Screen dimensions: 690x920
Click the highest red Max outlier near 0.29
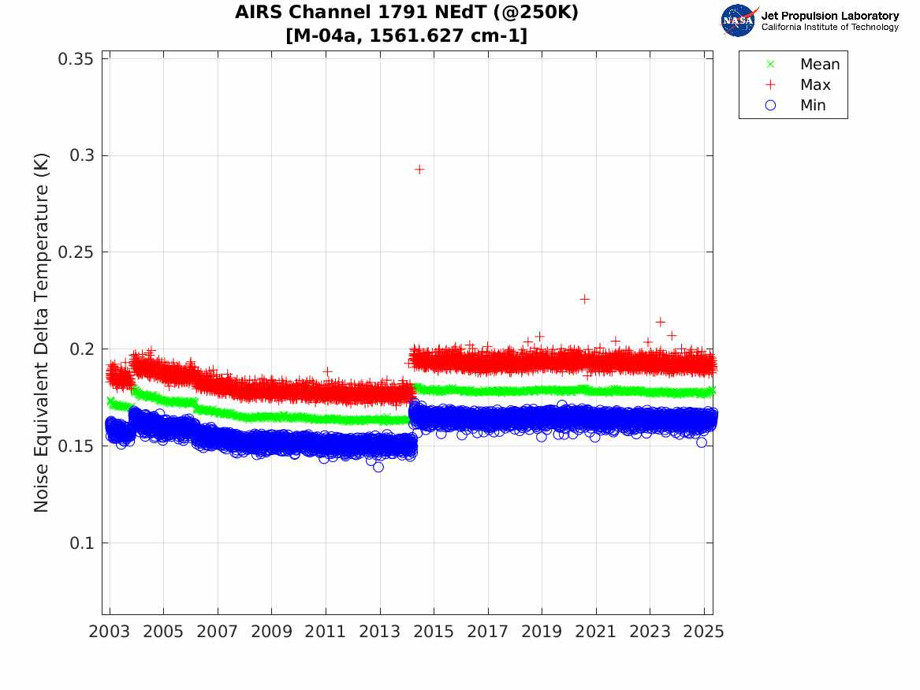coord(419,169)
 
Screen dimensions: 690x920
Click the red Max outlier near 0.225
coord(584,299)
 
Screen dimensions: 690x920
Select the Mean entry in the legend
coord(819,65)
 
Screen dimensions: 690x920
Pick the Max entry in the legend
coord(814,85)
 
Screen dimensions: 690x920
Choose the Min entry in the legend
coord(813,106)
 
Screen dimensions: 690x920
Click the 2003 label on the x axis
coord(110,632)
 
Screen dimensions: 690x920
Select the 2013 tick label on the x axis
coord(380,632)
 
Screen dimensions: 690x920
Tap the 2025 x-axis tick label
coord(704,632)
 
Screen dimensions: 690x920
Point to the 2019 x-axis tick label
coord(542,632)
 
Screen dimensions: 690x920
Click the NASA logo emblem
coord(739,20)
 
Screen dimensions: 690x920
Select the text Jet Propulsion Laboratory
coord(829,15)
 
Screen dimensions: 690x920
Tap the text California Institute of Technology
coord(829,28)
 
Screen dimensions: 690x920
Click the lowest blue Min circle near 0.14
coord(378,467)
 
